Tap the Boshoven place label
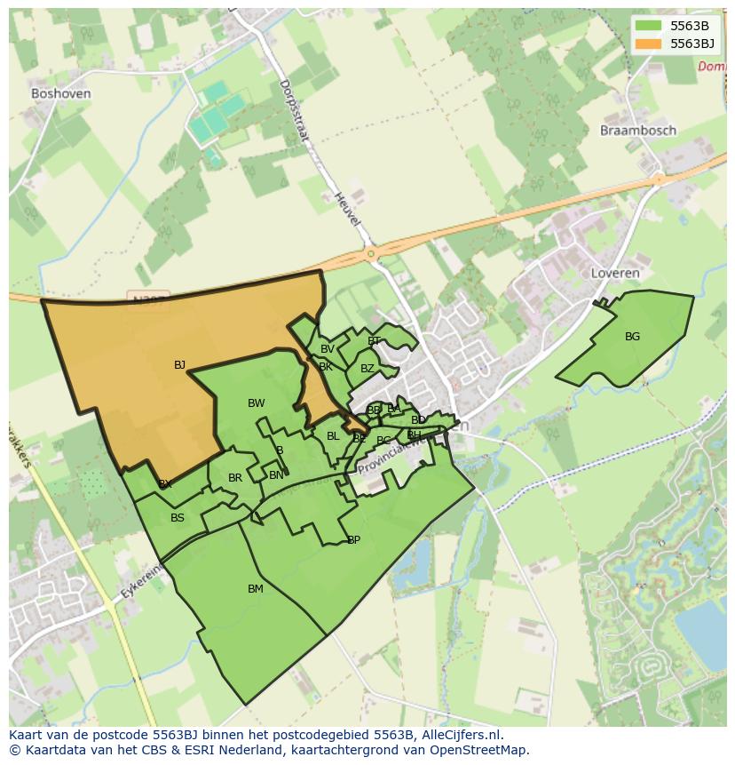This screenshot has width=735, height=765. [60, 93]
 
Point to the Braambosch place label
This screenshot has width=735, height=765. [637, 131]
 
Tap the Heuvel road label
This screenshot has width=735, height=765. [347, 205]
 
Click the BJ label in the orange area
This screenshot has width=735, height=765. [179, 365]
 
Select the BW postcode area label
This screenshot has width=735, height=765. [256, 403]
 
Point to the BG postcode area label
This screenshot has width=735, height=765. [632, 337]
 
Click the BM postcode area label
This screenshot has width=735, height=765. [256, 589]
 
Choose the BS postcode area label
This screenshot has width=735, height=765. [178, 518]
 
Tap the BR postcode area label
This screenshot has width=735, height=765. [235, 478]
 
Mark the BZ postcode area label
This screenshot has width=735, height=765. [367, 369]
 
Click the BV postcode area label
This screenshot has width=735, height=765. [328, 349]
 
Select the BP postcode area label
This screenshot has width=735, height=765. [353, 540]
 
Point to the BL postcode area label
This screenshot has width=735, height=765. [333, 436]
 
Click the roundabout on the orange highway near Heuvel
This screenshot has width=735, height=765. [370, 254]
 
